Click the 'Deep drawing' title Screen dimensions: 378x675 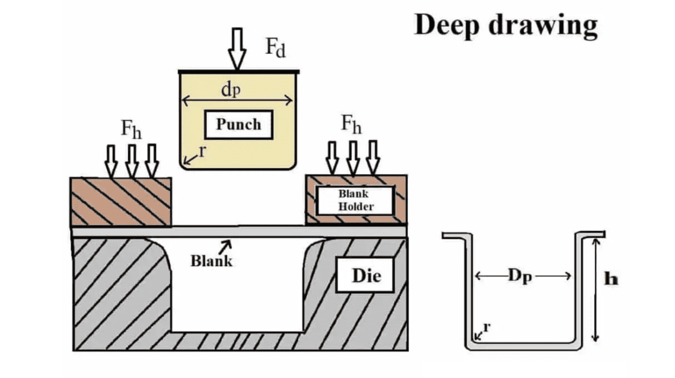[506, 25]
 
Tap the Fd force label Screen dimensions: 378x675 [276, 47]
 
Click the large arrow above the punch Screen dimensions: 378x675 [237, 49]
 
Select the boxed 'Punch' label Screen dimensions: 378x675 [238, 124]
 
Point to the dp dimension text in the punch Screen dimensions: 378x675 [231, 89]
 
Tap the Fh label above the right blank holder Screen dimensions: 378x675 [351, 124]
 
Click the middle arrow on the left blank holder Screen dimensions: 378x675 [131, 161]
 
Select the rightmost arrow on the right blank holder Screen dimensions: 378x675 [373, 158]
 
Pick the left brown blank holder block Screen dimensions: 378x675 [121, 201]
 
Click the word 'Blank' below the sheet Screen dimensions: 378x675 [211, 261]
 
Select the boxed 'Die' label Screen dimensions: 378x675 [366, 275]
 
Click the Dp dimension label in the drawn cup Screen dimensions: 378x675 [523, 277]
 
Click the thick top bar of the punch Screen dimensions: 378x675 [238, 72]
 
